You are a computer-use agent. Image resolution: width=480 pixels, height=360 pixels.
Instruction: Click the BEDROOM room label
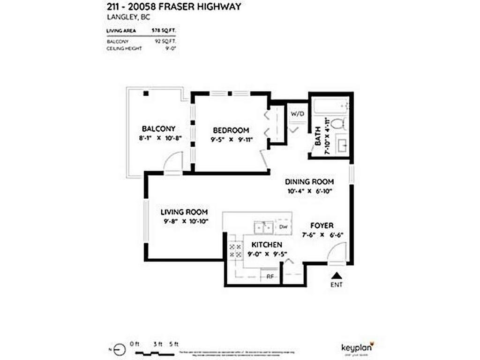coord(231,130)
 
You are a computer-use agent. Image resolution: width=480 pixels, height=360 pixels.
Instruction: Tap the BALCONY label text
coord(158,128)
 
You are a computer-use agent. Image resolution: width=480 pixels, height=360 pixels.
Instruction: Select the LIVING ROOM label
coord(184,212)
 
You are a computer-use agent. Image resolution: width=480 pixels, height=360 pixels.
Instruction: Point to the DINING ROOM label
coord(310,181)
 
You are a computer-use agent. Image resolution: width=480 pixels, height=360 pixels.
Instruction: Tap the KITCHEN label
coord(267,245)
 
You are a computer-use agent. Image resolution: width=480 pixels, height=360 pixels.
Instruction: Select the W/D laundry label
coord(297,114)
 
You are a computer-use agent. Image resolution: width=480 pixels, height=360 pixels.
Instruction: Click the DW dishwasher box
coord(283,227)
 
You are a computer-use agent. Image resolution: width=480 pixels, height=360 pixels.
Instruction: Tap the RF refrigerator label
coord(270,277)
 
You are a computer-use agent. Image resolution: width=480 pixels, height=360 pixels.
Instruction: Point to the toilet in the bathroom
coord(337,124)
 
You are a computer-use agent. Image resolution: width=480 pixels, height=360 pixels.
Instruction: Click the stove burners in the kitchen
coord(234,250)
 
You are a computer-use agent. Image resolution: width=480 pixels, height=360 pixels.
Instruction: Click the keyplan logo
coord(359,348)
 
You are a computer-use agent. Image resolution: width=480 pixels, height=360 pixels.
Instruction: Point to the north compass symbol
coord(120,348)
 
